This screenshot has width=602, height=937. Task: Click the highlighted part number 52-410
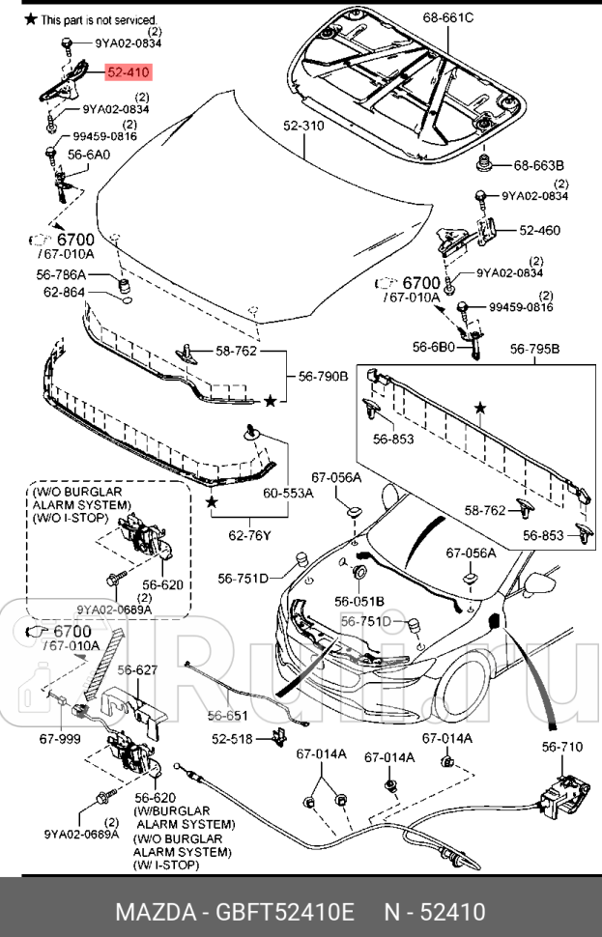pos(129,71)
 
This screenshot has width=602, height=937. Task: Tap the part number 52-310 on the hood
pos(304,126)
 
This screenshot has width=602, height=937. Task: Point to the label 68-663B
pos(538,165)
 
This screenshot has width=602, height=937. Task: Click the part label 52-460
pos(539,231)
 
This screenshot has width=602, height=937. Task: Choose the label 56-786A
pos(63,275)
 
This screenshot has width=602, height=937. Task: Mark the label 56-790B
pos(323,377)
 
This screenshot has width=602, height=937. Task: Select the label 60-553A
pos(288,493)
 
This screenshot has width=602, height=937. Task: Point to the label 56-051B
pos(359,601)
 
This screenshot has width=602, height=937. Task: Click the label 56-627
pos(137,669)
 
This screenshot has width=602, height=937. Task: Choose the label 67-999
pos(59,737)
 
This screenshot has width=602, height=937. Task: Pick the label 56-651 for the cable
pos(227,716)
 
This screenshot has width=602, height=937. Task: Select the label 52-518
pos(233,739)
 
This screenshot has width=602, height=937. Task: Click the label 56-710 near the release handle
pos(561,746)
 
